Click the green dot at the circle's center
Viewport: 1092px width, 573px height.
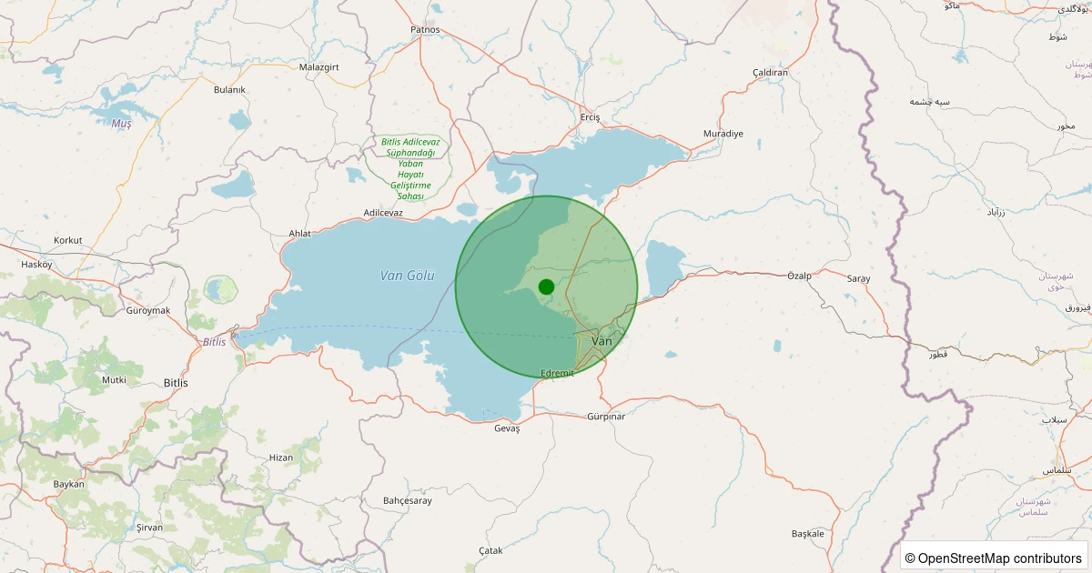pos(546,286)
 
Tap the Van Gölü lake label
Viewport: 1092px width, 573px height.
pos(408,276)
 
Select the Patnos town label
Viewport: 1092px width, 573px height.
pos(425,29)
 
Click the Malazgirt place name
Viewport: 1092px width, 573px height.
pos(318,67)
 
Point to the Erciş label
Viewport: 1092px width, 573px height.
pos(591,117)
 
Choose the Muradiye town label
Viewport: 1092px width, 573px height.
pos(723,134)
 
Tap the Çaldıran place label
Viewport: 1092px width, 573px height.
pos(770,73)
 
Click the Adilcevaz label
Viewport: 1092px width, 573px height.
pos(383,213)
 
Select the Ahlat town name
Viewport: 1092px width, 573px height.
pos(299,234)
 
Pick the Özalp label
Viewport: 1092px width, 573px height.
pos(799,275)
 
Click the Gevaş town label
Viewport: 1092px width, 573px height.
pos(507,428)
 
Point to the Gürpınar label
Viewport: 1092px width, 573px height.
pos(606,417)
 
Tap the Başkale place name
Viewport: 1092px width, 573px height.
pos(808,533)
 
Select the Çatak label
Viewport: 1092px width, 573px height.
pos(490,551)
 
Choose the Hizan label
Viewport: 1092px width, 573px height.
pos(281,457)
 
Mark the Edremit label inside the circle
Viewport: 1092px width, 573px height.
pos(557,373)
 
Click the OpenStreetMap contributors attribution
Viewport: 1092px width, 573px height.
pos(995,558)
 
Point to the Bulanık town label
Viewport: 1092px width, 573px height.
pos(229,89)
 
